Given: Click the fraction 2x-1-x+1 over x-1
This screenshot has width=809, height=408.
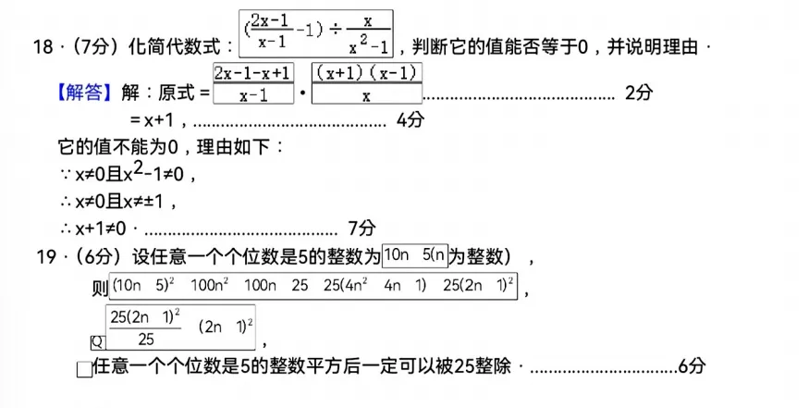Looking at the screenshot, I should pyautogui.click(x=252, y=83).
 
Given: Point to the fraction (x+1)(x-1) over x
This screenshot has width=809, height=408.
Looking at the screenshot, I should pyautogui.click(x=366, y=83).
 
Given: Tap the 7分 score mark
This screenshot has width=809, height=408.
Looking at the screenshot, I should pyautogui.click(x=362, y=227).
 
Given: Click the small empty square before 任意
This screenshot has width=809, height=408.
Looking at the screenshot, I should pyautogui.click(x=84, y=369).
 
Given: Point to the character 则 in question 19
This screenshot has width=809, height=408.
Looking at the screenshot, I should pyautogui.click(x=102, y=288).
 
